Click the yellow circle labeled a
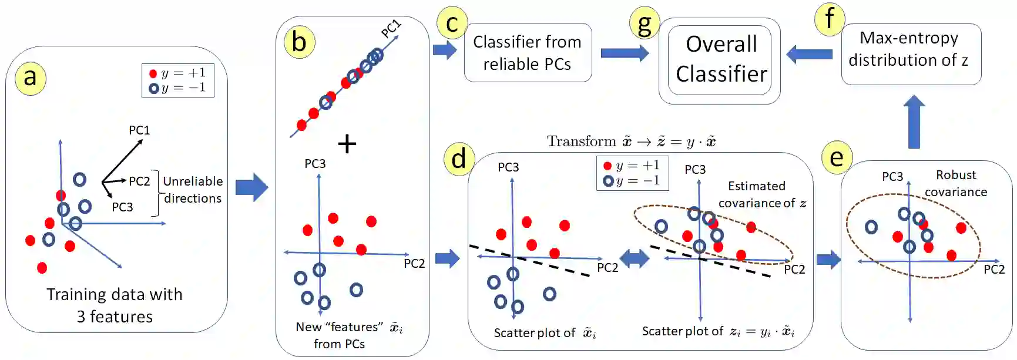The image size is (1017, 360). click(31, 78)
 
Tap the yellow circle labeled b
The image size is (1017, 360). click(299, 42)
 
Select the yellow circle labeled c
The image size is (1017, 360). click(452, 23)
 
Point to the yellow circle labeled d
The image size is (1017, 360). click(459, 159)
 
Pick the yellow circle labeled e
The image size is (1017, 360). click(837, 157)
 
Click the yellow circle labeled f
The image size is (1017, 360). click(830, 19)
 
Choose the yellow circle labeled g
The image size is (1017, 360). click(645, 24)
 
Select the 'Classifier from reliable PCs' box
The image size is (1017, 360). click(528, 53)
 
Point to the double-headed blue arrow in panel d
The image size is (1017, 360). click(635, 258)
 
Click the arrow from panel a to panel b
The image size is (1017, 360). click(251, 187)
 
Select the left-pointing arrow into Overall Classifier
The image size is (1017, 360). click(809, 55)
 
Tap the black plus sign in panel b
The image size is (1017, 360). click(347, 144)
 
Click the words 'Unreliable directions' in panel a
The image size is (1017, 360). click(193, 190)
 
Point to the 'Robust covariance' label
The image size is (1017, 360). click(955, 183)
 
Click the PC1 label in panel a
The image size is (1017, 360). click(139, 130)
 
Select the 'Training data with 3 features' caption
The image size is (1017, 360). click(115, 305)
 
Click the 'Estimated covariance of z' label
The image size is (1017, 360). click(761, 194)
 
